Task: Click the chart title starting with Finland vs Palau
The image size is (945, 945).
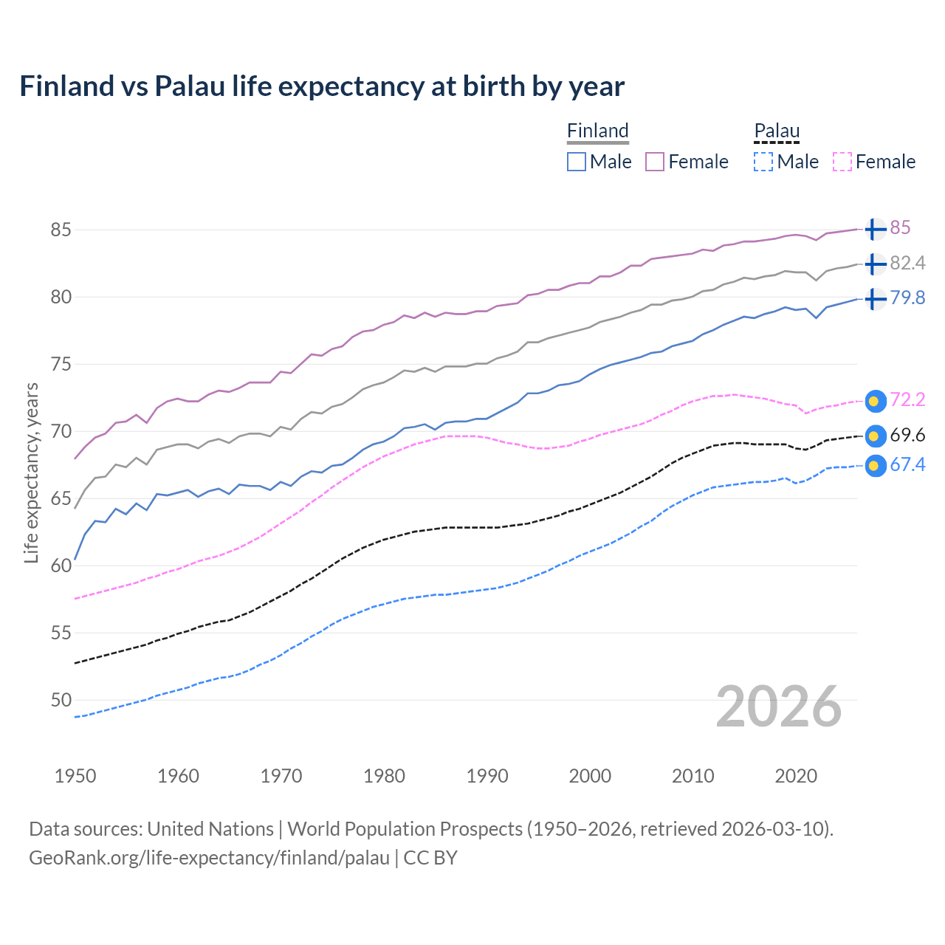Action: tap(322, 86)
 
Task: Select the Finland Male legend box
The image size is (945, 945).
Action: tap(577, 162)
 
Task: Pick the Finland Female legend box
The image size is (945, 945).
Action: tap(655, 162)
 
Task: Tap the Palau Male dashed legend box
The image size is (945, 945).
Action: tap(763, 162)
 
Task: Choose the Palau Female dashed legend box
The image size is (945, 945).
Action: tap(842, 162)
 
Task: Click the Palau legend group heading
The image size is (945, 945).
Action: tap(777, 131)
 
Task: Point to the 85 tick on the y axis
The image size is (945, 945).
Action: tap(61, 230)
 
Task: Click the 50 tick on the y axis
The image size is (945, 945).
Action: tap(61, 700)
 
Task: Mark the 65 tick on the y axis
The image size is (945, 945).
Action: tap(61, 498)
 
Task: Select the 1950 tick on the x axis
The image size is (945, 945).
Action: tap(75, 776)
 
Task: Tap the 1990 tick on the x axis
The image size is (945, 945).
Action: tap(487, 776)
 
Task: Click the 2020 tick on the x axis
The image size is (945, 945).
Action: tap(796, 776)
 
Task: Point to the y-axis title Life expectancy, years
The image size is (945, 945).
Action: tap(31, 472)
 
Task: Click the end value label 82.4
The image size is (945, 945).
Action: tap(907, 264)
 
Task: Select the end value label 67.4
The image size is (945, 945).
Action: tap(907, 465)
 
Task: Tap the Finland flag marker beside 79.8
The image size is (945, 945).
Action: tap(875, 299)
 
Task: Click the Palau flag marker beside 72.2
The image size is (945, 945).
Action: tap(875, 401)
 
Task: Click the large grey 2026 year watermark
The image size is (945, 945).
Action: tap(779, 707)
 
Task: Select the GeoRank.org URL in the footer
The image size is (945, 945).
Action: tap(209, 858)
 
